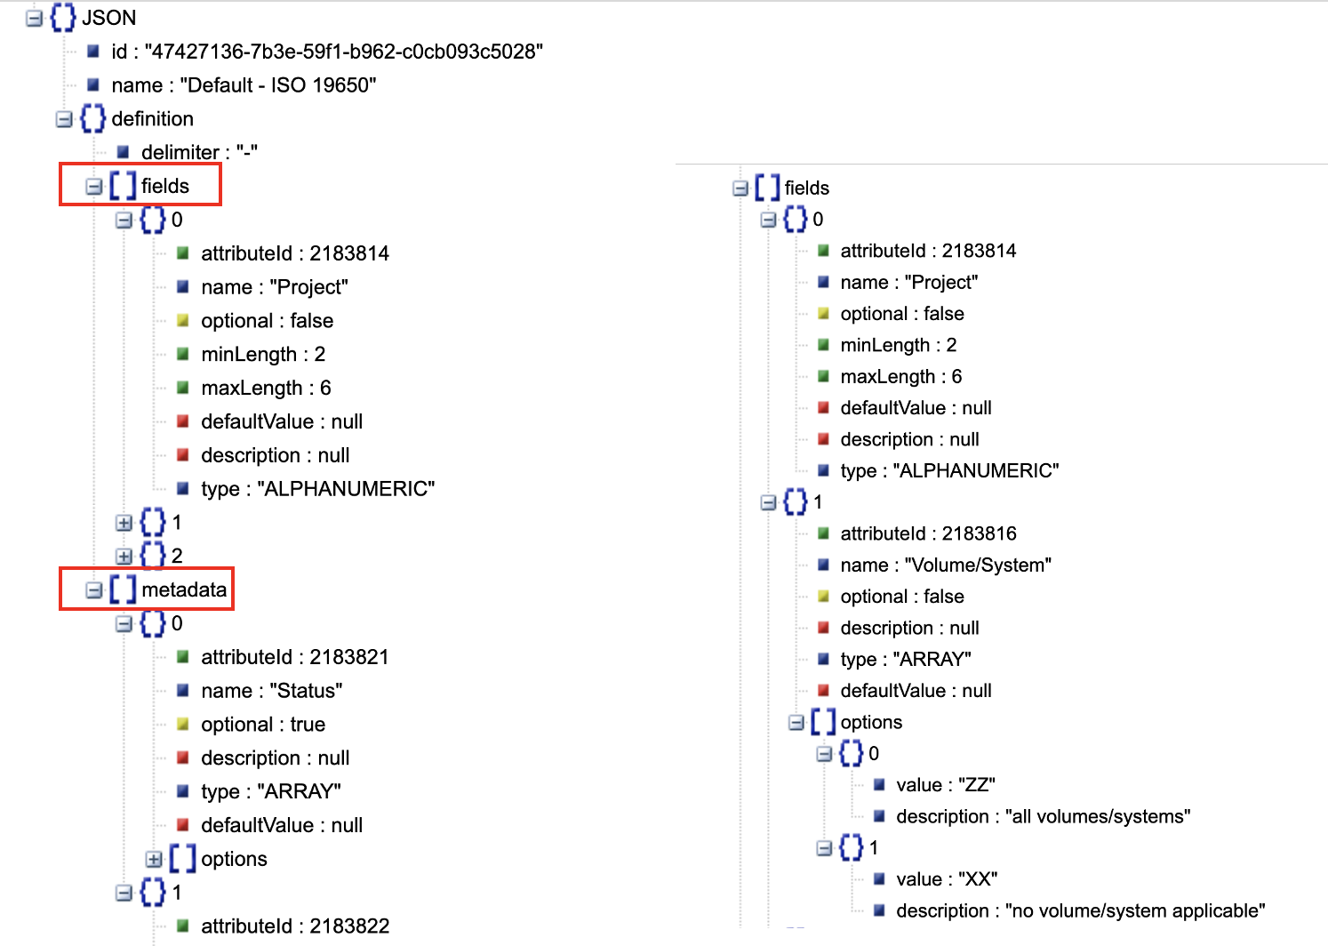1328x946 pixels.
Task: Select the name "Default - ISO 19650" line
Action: click(x=244, y=85)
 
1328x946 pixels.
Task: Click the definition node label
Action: click(x=152, y=119)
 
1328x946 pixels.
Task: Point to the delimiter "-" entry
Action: click(x=199, y=152)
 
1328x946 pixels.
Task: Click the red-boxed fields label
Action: click(x=164, y=186)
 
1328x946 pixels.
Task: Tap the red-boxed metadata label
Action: click(x=183, y=589)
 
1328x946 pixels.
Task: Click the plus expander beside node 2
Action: click(x=124, y=557)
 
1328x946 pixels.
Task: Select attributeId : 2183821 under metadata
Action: click(x=294, y=657)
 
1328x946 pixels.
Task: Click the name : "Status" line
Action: click(x=271, y=691)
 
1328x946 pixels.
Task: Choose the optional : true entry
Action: click(x=263, y=725)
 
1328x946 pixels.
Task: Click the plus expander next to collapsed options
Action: click(x=154, y=860)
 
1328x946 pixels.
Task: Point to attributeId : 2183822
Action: click(x=295, y=926)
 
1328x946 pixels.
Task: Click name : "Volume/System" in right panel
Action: click(x=946, y=565)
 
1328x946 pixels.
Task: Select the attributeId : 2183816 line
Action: click(x=928, y=533)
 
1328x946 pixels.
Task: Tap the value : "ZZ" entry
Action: click(x=945, y=785)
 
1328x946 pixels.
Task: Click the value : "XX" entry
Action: click(x=947, y=879)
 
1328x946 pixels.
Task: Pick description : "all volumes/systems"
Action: click(x=1043, y=816)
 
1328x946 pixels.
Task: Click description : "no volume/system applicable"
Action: click(x=1080, y=910)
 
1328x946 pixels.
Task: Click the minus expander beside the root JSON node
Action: click(x=35, y=18)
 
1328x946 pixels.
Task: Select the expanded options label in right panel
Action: click(x=870, y=722)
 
